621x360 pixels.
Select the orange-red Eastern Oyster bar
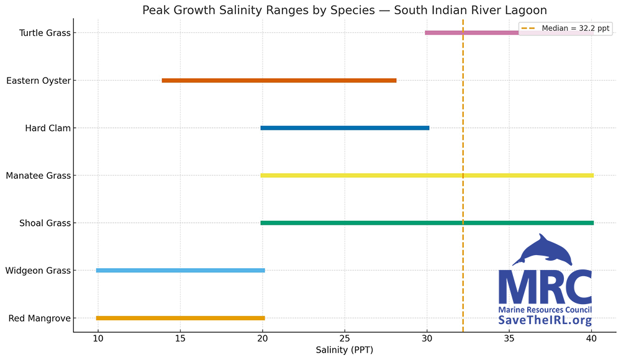coord(279,80)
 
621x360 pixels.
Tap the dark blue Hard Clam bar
coord(345,128)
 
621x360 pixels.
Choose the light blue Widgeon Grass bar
coord(180,271)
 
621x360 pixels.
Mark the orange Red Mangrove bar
coord(180,318)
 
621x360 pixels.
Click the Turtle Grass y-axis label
coord(44,33)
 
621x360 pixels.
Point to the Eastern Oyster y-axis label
coord(38,81)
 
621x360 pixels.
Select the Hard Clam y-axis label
coord(47,128)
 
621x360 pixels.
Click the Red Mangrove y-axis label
coord(39,318)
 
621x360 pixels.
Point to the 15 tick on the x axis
coord(180,340)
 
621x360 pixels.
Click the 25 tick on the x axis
coord(345,340)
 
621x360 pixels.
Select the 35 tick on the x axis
coord(509,340)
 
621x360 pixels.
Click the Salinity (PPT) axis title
coord(345,351)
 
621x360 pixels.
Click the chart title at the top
coord(345,10)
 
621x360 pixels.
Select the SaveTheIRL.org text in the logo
coord(545,320)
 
